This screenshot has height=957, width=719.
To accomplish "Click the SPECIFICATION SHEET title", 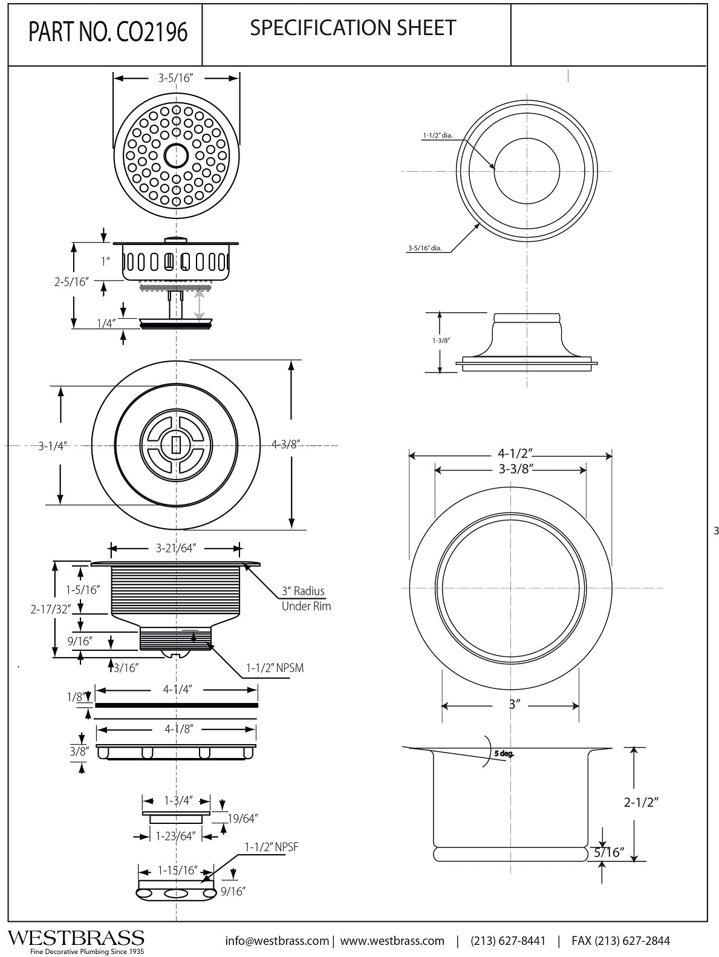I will pyautogui.click(x=353, y=28).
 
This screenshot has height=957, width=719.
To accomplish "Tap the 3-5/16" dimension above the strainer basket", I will pyautogui.click(x=176, y=78).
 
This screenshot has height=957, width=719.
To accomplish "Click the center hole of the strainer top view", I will pyautogui.click(x=177, y=155).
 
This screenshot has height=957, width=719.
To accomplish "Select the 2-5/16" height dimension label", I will pyautogui.click(x=71, y=281).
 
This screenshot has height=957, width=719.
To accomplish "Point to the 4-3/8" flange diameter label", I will pyautogui.click(x=286, y=445).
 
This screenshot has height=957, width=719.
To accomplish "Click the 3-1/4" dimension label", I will pyautogui.click(x=53, y=446).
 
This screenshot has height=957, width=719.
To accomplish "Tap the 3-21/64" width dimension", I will pyautogui.click(x=176, y=549).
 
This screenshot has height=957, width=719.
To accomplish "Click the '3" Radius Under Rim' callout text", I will pyautogui.click(x=306, y=598).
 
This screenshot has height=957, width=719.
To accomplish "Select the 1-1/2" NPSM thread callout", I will pyautogui.click(x=275, y=668).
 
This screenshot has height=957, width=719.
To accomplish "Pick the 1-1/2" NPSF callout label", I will pyautogui.click(x=272, y=847).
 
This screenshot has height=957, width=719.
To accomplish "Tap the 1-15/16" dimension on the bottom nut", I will pyautogui.click(x=178, y=870).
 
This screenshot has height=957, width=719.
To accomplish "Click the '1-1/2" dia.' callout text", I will pyautogui.click(x=437, y=136).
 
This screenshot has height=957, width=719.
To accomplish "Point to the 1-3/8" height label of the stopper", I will pyautogui.click(x=441, y=341).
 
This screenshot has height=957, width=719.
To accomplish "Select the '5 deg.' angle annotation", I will pyautogui.click(x=503, y=754).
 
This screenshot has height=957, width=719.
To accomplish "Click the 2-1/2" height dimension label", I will pyautogui.click(x=641, y=802).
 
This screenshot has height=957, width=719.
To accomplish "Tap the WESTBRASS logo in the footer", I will pyautogui.click(x=76, y=938).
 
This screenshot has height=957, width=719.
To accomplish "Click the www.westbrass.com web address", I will pyautogui.click(x=392, y=941).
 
